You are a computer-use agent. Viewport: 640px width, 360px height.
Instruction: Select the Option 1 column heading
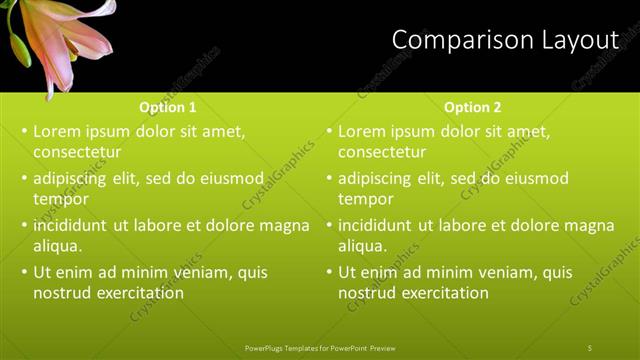[x=168, y=107]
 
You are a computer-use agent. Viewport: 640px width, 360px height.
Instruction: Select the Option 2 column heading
[x=473, y=107]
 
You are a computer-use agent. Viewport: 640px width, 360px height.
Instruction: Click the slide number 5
[x=590, y=347]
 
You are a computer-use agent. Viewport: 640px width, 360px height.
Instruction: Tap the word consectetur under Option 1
[x=77, y=153]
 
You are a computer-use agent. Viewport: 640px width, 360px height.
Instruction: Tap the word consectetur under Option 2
[x=382, y=153]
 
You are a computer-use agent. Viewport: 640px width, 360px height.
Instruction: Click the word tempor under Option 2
[x=365, y=199]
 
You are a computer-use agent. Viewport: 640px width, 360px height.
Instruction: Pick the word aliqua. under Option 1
[x=57, y=246]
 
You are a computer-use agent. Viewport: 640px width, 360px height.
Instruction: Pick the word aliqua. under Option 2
[x=362, y=246]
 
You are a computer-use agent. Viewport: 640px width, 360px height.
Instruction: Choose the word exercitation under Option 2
[x=443, y=293]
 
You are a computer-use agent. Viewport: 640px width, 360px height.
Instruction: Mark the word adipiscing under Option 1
[x=74, y=179]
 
